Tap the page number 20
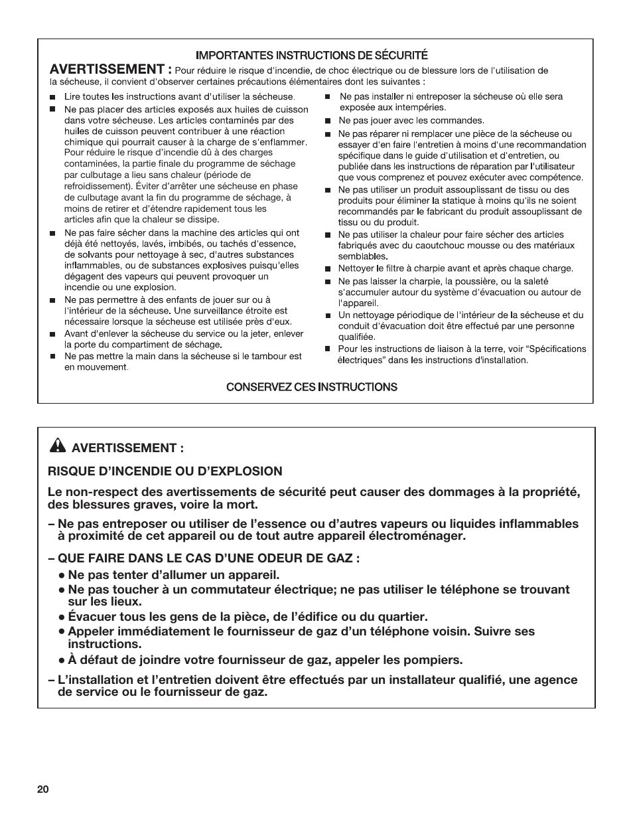(42, 789)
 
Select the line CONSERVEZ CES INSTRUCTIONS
(312, 387)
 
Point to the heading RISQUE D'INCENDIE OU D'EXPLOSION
(165, 471)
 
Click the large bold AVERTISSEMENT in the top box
(112, 70)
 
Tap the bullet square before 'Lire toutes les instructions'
(53, 97)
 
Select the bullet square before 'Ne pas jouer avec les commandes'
(328, 122)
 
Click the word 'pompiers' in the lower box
(433, 660)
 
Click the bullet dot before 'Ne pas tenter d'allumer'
(61, 575)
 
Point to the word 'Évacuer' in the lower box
(92, 617)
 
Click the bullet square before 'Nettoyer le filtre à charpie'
(328, 270)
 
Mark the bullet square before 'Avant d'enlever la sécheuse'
(53, 335)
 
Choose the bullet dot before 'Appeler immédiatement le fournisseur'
(61, 631)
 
